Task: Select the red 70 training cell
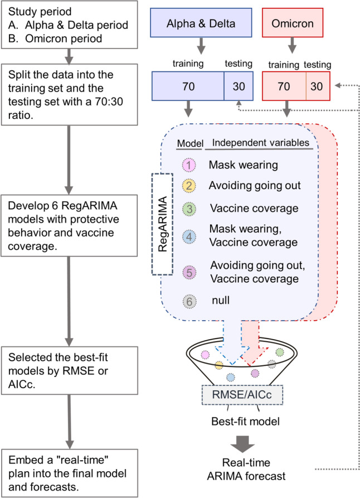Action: (283, 86)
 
